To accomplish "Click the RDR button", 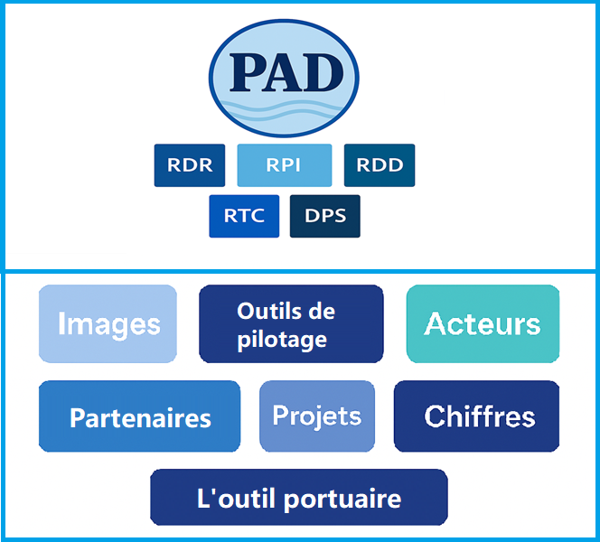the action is click(x=190, y=165).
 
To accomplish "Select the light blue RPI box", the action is click(x=285, y=165).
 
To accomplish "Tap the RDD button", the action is click(x=380, y=165).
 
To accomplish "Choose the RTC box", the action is click(x=244, y=216).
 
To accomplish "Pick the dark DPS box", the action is click(x=325, y=216).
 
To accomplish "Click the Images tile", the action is click(x=108, y=323).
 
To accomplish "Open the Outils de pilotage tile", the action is click(x=291, y=323).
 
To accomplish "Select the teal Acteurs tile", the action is click(x=483, y=323).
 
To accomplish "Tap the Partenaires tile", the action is click(x=140, y=416).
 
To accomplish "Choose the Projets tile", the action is click(x=317, y=416).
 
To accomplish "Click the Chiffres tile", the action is click(x=477, y=416).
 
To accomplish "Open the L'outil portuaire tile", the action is click(x=299, y=497).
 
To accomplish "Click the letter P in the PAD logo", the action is click(x=248, y=72).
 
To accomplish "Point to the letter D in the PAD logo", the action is click(x=324, y=72).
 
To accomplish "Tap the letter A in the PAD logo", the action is click(x=284, y=72).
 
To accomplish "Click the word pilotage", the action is click(x=282, y=340).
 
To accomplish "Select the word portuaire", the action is click(x=342, y=500).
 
